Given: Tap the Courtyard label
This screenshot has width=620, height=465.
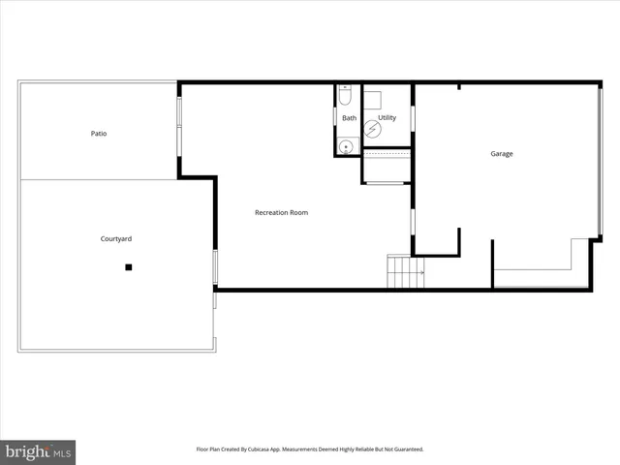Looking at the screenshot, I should point(116,238).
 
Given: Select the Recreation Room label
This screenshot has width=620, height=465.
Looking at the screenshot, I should point(281,212).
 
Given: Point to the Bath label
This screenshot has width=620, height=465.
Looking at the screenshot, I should point(349,118).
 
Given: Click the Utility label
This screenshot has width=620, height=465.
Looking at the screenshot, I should point(387,118).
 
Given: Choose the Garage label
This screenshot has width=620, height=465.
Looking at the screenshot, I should point(501,154).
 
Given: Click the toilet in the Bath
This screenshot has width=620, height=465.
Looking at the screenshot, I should point(345,97).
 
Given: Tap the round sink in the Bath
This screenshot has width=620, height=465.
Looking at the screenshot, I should point(345,146).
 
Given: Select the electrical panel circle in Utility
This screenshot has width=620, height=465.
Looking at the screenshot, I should point(373,128).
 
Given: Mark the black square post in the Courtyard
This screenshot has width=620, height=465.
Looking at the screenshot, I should point(128,266).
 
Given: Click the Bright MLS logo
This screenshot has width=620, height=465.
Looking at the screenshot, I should point(38,451).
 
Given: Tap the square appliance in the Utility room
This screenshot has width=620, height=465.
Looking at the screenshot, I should point(375,97).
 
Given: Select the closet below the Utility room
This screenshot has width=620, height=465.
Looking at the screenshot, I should point(387,166).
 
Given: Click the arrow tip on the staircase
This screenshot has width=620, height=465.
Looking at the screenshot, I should point(422,273).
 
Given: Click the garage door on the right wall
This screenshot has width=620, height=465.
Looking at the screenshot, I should point(601,163).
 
